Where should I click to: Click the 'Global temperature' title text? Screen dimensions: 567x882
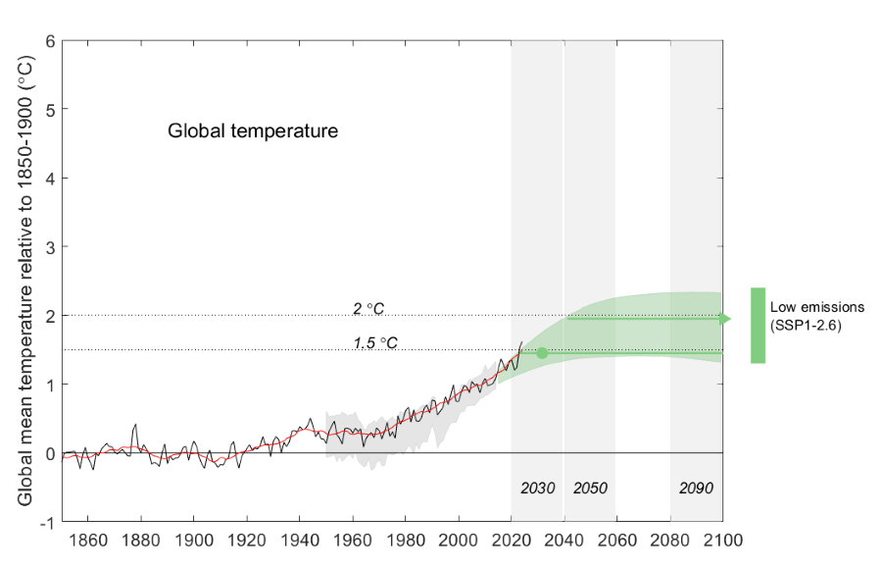[253, 130]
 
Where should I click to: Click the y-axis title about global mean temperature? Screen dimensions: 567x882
[25, 281]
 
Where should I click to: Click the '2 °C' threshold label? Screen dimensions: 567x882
[368, 308]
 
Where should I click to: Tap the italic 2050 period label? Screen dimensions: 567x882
[590, 488]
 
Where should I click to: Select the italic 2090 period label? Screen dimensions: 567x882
[696, 488]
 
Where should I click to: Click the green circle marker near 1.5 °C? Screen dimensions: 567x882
[541, 353]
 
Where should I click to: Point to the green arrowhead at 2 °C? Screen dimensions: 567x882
[724, 319]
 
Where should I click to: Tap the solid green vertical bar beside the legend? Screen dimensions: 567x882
[758, 326]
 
